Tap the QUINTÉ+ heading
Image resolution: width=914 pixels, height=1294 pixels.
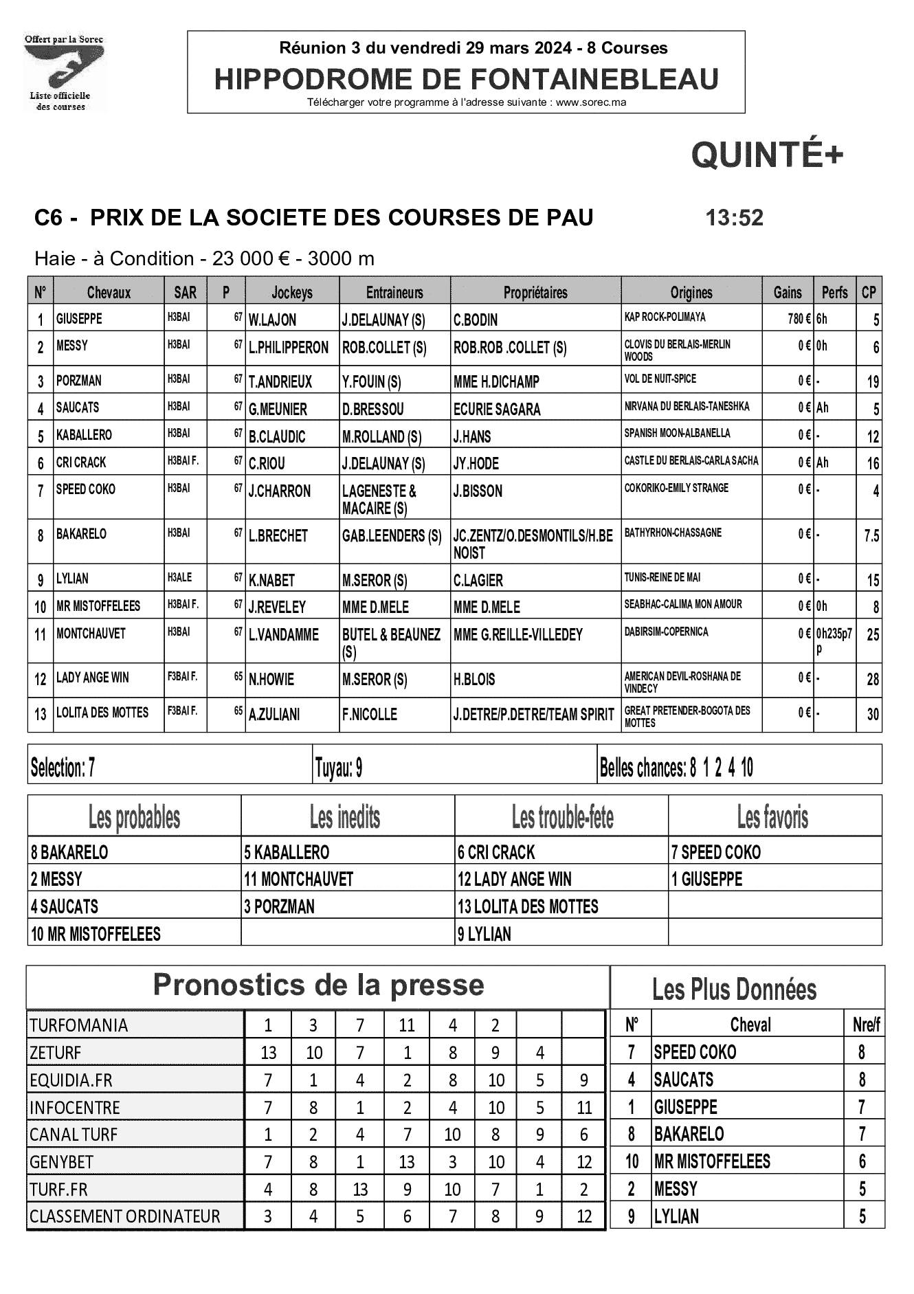766,155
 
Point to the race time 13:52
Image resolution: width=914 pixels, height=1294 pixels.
734,218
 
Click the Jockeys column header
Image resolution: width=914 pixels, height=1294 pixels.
292,293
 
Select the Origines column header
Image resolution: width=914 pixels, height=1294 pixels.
691,293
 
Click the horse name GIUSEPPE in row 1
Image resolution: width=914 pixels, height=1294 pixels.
79,319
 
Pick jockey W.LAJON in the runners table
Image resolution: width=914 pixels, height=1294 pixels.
273,320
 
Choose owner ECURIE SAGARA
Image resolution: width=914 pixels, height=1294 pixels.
497,410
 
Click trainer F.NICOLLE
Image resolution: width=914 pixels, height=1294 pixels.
370,715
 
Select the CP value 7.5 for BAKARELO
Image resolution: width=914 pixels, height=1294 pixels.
871,536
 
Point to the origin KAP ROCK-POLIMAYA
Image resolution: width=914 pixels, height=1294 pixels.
665,317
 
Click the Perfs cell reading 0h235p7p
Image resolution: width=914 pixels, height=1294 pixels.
834,640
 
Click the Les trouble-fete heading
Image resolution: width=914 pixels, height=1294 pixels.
562,818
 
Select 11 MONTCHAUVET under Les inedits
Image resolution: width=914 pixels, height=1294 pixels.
298,880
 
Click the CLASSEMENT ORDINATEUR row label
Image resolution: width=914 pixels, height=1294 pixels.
124,1217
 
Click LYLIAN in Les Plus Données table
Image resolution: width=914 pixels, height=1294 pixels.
676,1217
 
